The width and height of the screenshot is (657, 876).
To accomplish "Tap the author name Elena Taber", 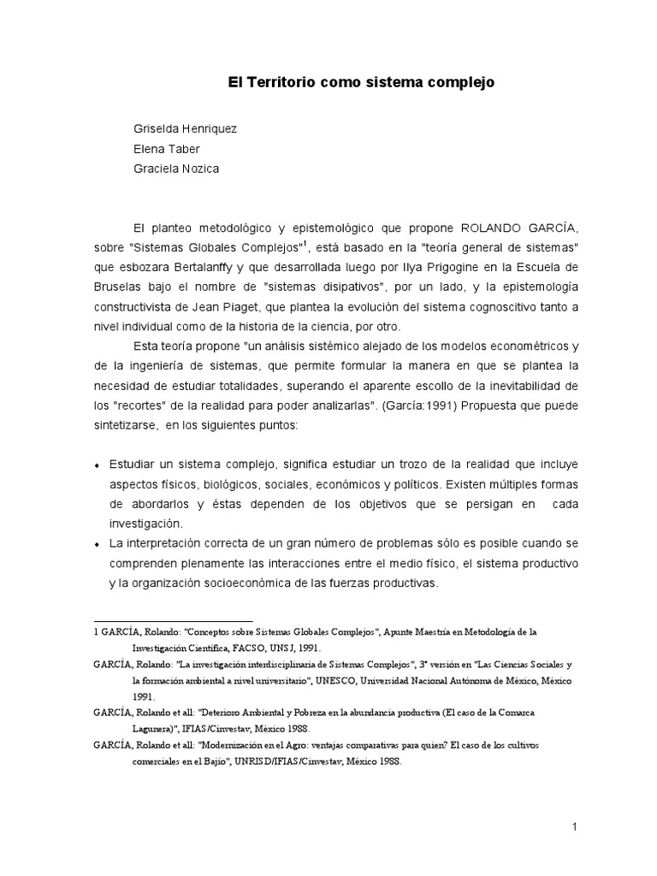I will point(166,148).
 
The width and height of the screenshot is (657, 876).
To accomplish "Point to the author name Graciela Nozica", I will point(176,169).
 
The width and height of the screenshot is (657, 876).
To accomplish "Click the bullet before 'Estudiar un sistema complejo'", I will point(98,465).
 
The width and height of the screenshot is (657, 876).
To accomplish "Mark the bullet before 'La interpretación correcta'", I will point(98,545).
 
